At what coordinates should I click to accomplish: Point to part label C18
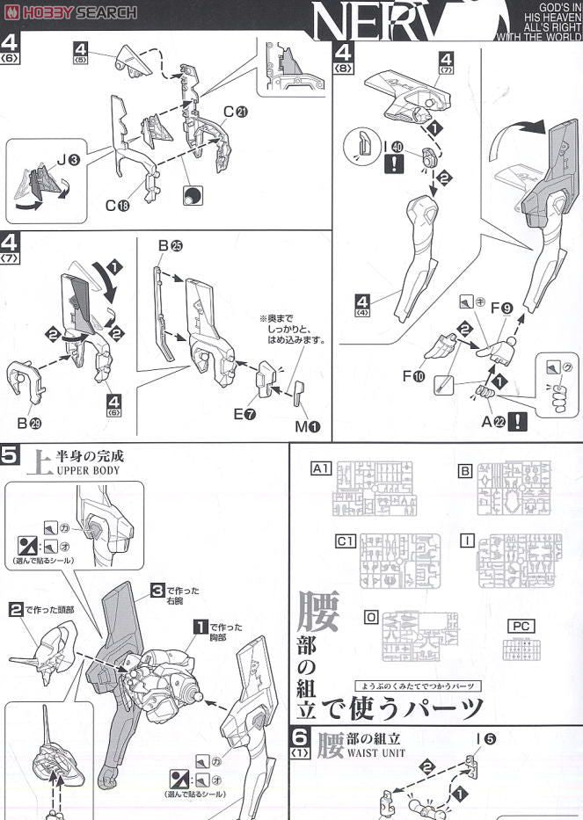[x=117, y=206]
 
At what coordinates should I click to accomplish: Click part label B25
[x=170, y=246]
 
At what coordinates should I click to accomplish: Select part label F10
[x=414, y=375]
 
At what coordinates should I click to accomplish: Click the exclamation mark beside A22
[x=519, y=422]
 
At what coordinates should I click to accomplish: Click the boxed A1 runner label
[x=320, y=469]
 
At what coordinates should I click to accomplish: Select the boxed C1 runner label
[x=346, y=542]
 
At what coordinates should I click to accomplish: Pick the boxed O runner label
[x=372, y=617]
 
